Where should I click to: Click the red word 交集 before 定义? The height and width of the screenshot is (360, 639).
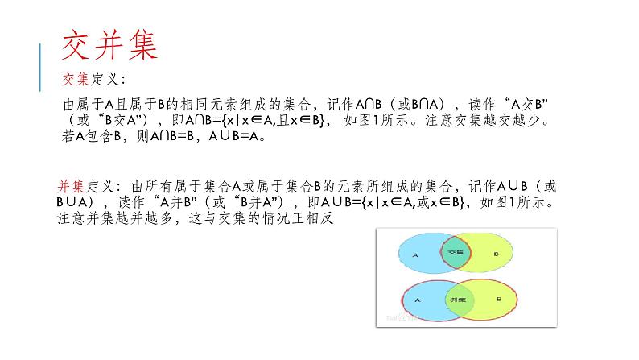pyautogui.click(x=76, y=80)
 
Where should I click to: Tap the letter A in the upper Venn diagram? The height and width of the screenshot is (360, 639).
pyautogui.click(x=414, y=253)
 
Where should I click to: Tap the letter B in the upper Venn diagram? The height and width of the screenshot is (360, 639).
pyautogui.click(x=497, y=253)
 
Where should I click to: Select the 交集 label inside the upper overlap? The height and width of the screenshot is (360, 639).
pyautogui.click(x=456, y=252)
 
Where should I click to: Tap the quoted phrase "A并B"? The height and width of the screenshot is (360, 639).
pyautogui.click(x=170, y=201)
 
